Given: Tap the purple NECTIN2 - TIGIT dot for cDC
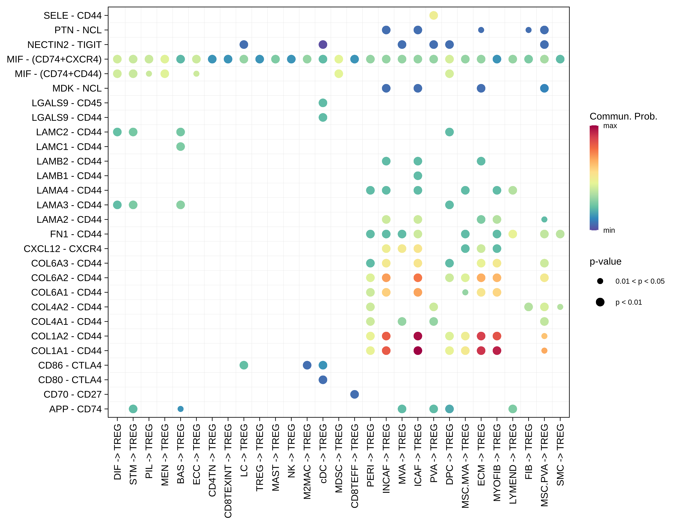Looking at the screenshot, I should (x=323, y=44).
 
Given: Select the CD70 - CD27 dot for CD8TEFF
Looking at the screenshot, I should (x=354, y=394).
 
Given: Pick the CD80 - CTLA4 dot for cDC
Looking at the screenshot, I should (x=323, y=380).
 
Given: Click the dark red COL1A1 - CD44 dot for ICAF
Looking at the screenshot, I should (x=418, y=351).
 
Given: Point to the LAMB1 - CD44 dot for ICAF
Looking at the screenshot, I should (x=418, y=176).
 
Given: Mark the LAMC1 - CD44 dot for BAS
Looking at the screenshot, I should (x=180, y=146).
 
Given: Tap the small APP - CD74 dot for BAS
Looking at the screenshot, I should (x=180, y=409).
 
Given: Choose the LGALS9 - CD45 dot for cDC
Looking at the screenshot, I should (x=323, y=103).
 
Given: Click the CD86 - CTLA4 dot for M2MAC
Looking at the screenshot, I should (x=307, y=365).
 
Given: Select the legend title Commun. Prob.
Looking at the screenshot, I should (x=623, y=116).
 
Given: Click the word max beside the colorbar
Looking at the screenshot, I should (x=610, y=126).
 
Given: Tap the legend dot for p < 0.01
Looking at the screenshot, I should (x=600, y=302).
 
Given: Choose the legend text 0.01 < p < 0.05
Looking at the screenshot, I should (x=640, y=281).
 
